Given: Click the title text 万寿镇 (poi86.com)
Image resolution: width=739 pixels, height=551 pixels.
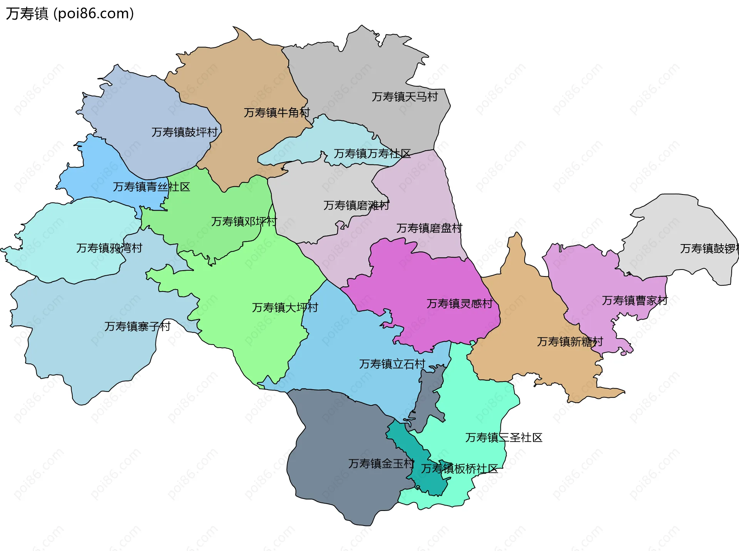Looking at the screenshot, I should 70,13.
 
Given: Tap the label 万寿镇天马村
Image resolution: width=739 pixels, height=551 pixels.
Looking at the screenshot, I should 405,97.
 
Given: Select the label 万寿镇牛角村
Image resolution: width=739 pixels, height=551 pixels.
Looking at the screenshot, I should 277,112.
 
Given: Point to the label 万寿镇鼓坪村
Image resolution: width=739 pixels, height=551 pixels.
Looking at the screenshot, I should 184,132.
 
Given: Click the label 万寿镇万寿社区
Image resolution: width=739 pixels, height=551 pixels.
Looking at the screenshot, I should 372,154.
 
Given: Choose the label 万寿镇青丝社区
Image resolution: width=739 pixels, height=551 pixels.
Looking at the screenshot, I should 151,187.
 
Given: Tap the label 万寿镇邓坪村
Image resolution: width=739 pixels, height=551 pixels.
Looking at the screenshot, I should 244,221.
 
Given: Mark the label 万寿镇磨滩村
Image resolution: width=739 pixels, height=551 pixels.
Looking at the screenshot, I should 356,205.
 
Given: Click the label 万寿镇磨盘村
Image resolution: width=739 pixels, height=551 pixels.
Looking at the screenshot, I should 429,228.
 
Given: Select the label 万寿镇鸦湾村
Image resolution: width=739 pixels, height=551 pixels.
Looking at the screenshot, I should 109,248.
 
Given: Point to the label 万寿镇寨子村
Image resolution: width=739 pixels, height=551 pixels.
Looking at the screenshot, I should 137,327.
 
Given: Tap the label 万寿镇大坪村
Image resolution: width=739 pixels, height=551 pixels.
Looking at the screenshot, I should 285,307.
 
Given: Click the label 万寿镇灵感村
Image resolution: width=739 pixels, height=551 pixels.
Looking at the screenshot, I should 459,303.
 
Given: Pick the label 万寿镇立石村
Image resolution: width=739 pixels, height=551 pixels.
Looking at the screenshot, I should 392,364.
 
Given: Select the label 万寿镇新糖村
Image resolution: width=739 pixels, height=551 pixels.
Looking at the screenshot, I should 570,342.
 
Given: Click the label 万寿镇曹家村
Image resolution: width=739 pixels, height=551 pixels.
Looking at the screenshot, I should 635,300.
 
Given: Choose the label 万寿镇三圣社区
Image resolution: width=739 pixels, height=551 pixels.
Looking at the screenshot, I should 503,437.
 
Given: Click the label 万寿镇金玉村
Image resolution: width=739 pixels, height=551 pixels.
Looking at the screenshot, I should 381,464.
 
